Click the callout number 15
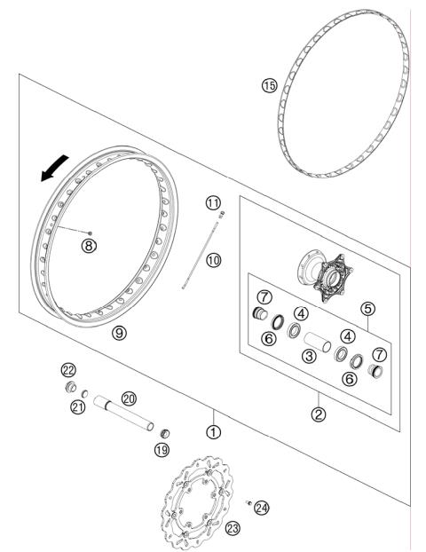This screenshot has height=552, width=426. click(270, 85)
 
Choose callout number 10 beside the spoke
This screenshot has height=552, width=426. click(214, 260)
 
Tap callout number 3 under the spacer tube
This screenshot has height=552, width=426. click(309, 355)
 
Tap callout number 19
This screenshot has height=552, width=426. click(162, 450)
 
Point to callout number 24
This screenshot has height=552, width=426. click(261, 509)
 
